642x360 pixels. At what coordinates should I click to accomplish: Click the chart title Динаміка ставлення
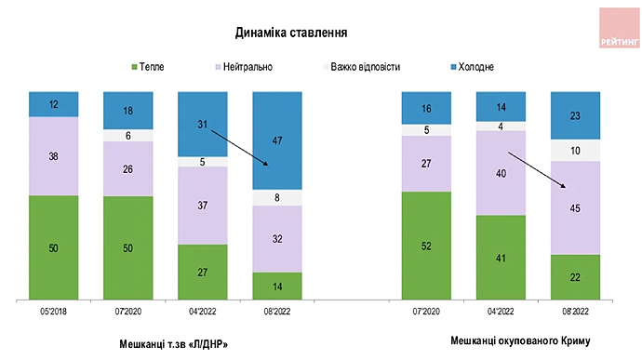[291, 33]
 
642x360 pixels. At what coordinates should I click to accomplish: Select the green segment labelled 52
[425, 246]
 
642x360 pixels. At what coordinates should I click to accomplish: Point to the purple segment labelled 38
[53, 156]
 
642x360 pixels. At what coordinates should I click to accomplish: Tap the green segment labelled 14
[277, 286]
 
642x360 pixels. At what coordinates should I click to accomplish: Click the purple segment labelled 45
[576, 207]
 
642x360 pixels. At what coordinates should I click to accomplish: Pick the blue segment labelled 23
[576, 115]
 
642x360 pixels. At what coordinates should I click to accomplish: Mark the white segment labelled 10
[576, 151]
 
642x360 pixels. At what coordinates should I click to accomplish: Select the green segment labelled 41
[501, 258]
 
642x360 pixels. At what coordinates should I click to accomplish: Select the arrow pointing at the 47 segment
[239, 147]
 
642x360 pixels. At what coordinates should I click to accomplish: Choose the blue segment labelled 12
[53, 104]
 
